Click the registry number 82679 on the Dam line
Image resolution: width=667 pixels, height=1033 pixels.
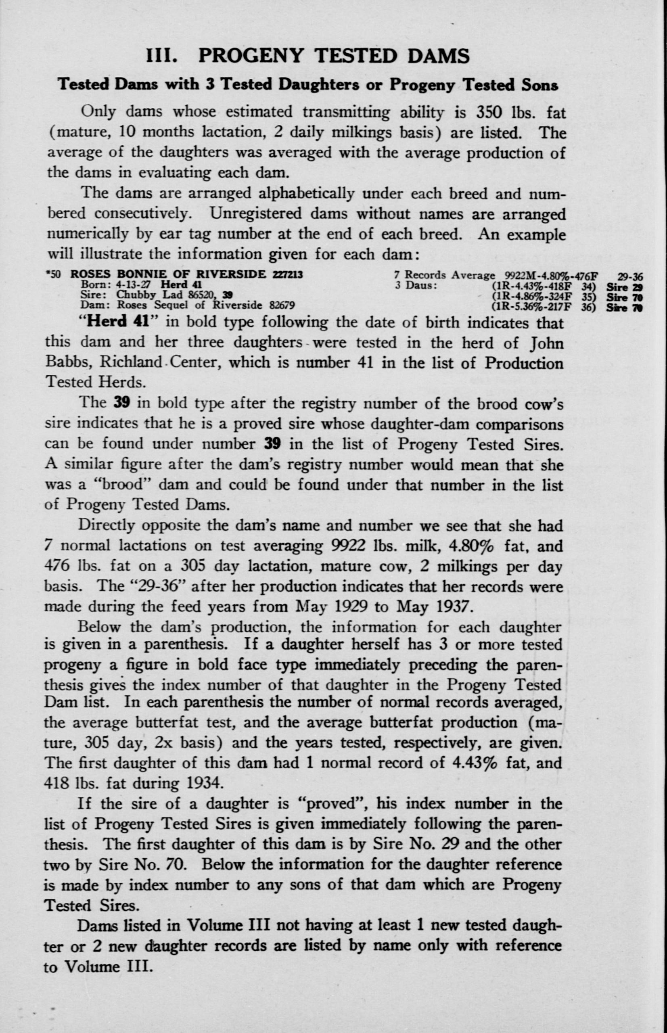pos(282,305)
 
